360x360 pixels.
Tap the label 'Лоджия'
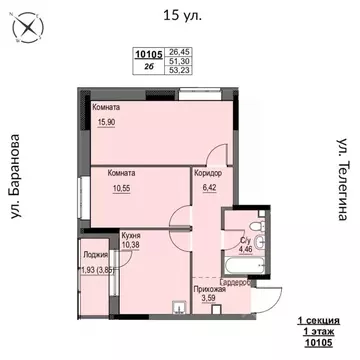click(96, 255)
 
